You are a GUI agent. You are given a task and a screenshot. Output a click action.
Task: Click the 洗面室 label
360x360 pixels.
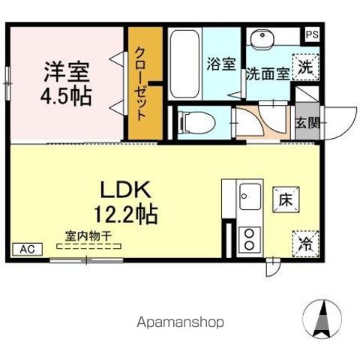pyautogui.click(x=267, y=74)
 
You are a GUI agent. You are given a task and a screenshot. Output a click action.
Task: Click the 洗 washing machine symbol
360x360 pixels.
pyautogui.click(x=305, y=66)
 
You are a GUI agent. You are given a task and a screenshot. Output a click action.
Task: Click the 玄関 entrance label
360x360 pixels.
pyautogui.click(x=307, y=123)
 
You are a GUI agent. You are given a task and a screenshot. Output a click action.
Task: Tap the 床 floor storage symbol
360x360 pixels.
pyautogui.click(x=285, y=200)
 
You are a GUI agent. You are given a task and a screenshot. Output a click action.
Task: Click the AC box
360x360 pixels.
pyautogui.click(x=26, y=249)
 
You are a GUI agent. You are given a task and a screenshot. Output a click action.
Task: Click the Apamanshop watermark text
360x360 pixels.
pyautogui.click(x=179, y=322)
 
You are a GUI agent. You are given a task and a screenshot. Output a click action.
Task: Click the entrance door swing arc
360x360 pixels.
pyautogui.click(x=339, y=118)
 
